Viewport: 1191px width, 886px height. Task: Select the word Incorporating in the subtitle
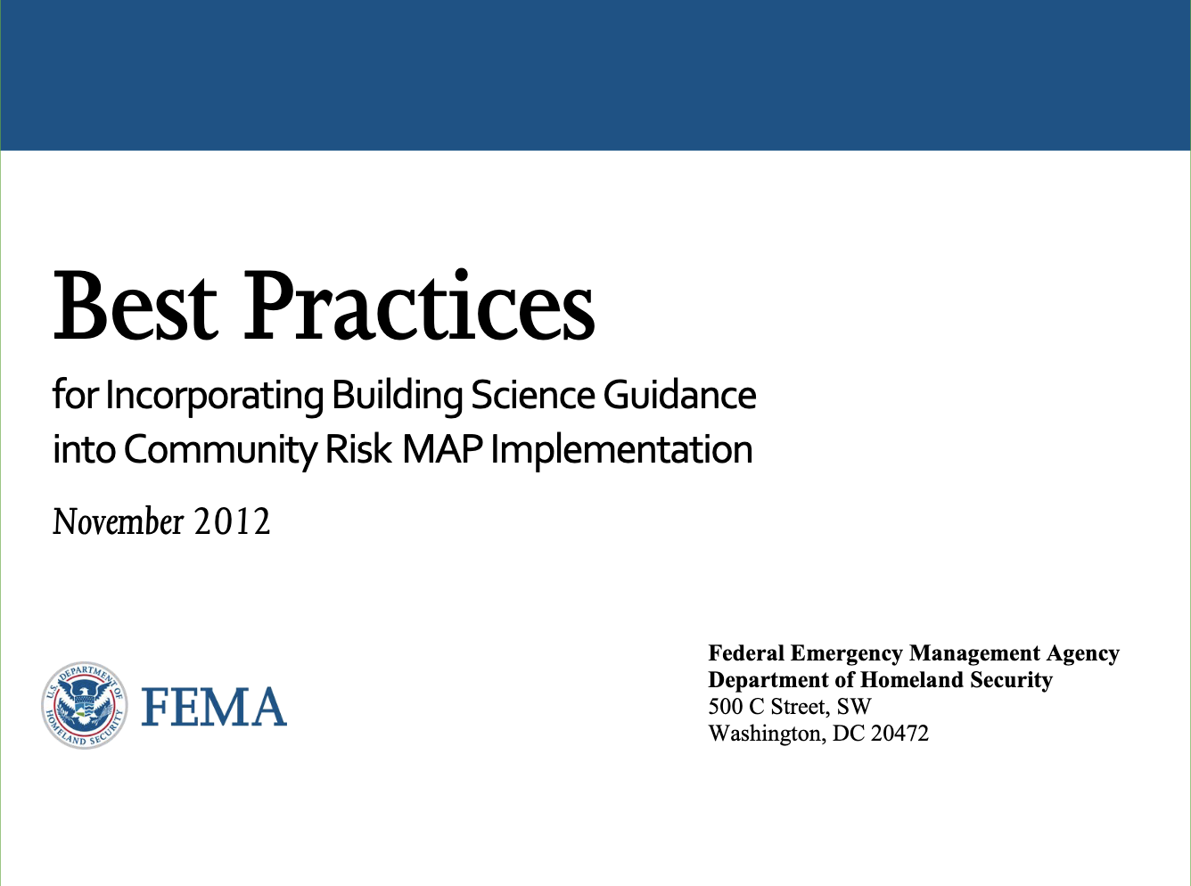click(214, 396)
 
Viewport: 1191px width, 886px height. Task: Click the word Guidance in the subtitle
click(679, 395)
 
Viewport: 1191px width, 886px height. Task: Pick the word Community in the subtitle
click(219, 449)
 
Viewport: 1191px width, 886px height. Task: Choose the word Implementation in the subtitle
click(621, 449)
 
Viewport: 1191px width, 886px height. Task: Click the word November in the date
click(118, 521)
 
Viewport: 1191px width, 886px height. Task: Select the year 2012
click(233, 521)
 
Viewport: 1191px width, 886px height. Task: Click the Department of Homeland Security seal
click(84, 706)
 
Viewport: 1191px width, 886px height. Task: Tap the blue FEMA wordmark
click(214, 707)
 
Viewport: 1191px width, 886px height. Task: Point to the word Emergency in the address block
click(846, 653)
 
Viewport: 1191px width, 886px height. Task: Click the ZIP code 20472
click(899, 734)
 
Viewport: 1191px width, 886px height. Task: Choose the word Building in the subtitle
click(397, 396)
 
